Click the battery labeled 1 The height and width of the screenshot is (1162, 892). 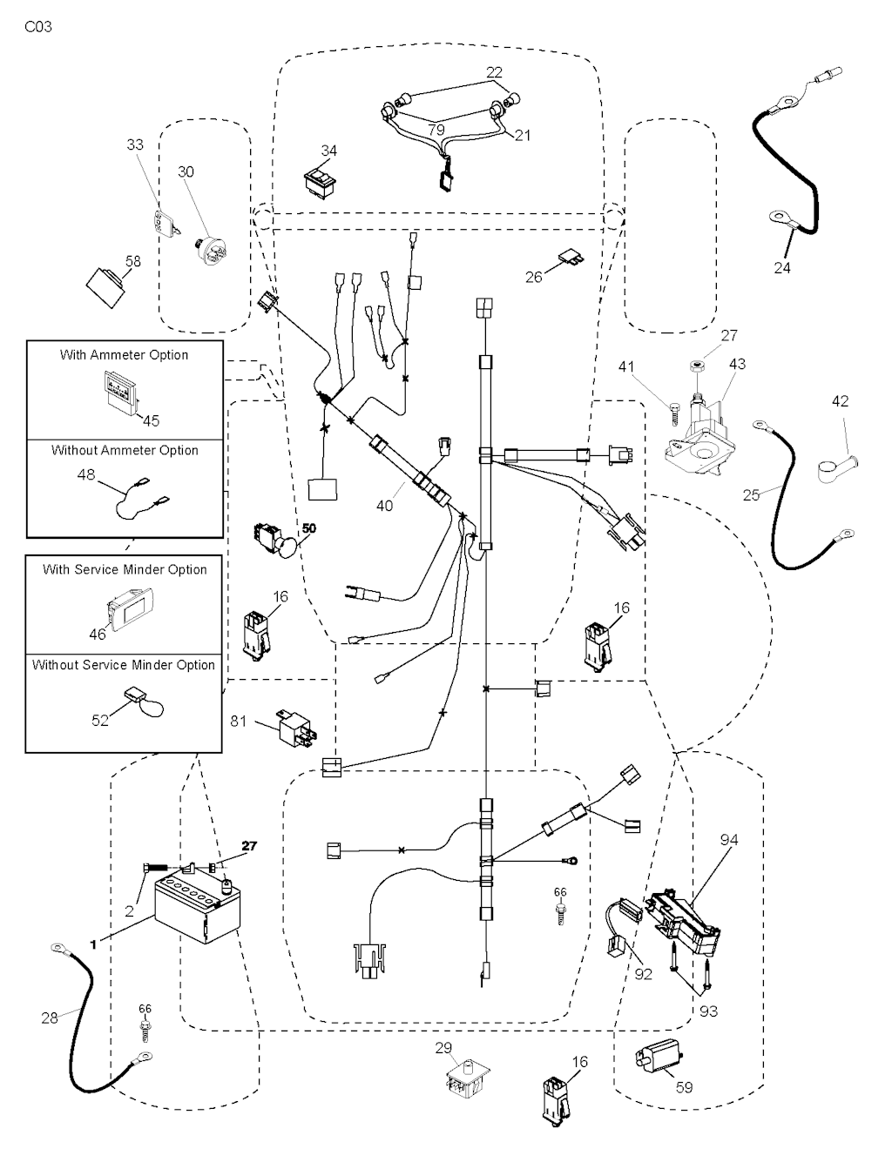[195, 910]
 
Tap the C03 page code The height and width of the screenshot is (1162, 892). [38, 27]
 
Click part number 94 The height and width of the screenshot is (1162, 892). [729, 840]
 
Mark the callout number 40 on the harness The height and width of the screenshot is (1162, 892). [384, 506]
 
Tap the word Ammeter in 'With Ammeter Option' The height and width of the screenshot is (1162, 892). [124, 355]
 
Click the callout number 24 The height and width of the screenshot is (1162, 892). [782, 268]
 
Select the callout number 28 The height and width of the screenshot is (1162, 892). [50, 1017]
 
